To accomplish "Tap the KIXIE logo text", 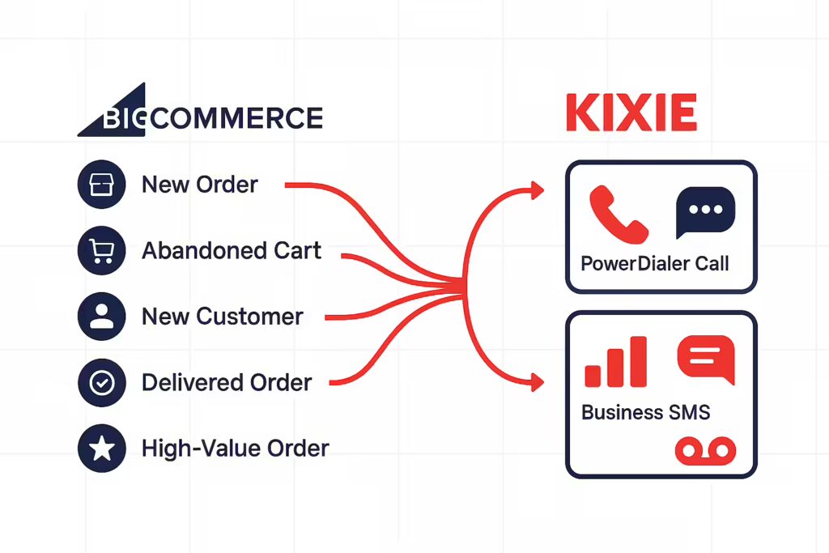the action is tap(631, 113).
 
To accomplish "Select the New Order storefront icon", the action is tap(101, 185).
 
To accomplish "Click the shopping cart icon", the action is tap(101, 251).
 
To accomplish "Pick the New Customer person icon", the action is tap(101, 317).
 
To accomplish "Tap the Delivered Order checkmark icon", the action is tap(101, 383).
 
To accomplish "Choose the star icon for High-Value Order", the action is tap(101, 449).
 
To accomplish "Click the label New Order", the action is tap(200, 185).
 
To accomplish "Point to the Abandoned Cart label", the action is tap(232, 251).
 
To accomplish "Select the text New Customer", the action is tap(223, 317).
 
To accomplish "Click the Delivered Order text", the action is tap(227, 383).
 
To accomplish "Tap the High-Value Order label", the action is tap(236, 449).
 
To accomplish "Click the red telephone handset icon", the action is tap(618, 214).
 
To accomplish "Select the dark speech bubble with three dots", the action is tap(705, 211).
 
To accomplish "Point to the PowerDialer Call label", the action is tap(654, 263).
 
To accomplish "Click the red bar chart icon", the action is tap(616, 362).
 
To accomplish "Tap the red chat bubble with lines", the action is tap(706, 359).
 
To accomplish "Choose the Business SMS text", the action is tap(645, 412).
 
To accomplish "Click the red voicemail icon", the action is tap(705, 451).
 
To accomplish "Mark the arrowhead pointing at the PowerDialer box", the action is tap(538, 190).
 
